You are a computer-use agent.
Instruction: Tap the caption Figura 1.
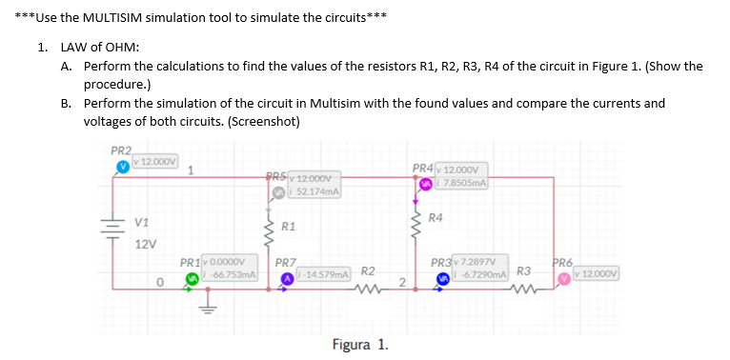[359, 343]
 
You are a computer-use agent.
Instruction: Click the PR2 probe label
[121, 150]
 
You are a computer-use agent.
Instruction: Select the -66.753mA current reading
[227, 274]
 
